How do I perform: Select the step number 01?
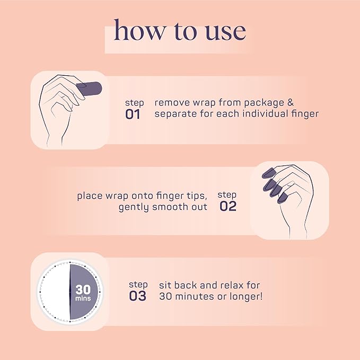coord(133,114)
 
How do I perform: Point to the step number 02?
coord(228,206)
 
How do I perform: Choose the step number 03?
coord(137,296)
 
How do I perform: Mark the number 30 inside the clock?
coord(83,289)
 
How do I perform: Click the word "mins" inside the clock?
coord(83,298)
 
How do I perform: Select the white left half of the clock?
coord(53,292)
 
